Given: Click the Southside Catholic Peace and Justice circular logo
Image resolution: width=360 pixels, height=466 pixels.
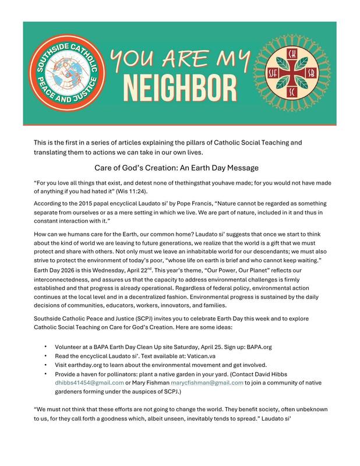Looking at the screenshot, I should pyautogui.click(x=64, y=73).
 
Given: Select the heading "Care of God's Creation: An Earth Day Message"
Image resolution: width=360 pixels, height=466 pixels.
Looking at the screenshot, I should pyautogui.click(x=181, y=168).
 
